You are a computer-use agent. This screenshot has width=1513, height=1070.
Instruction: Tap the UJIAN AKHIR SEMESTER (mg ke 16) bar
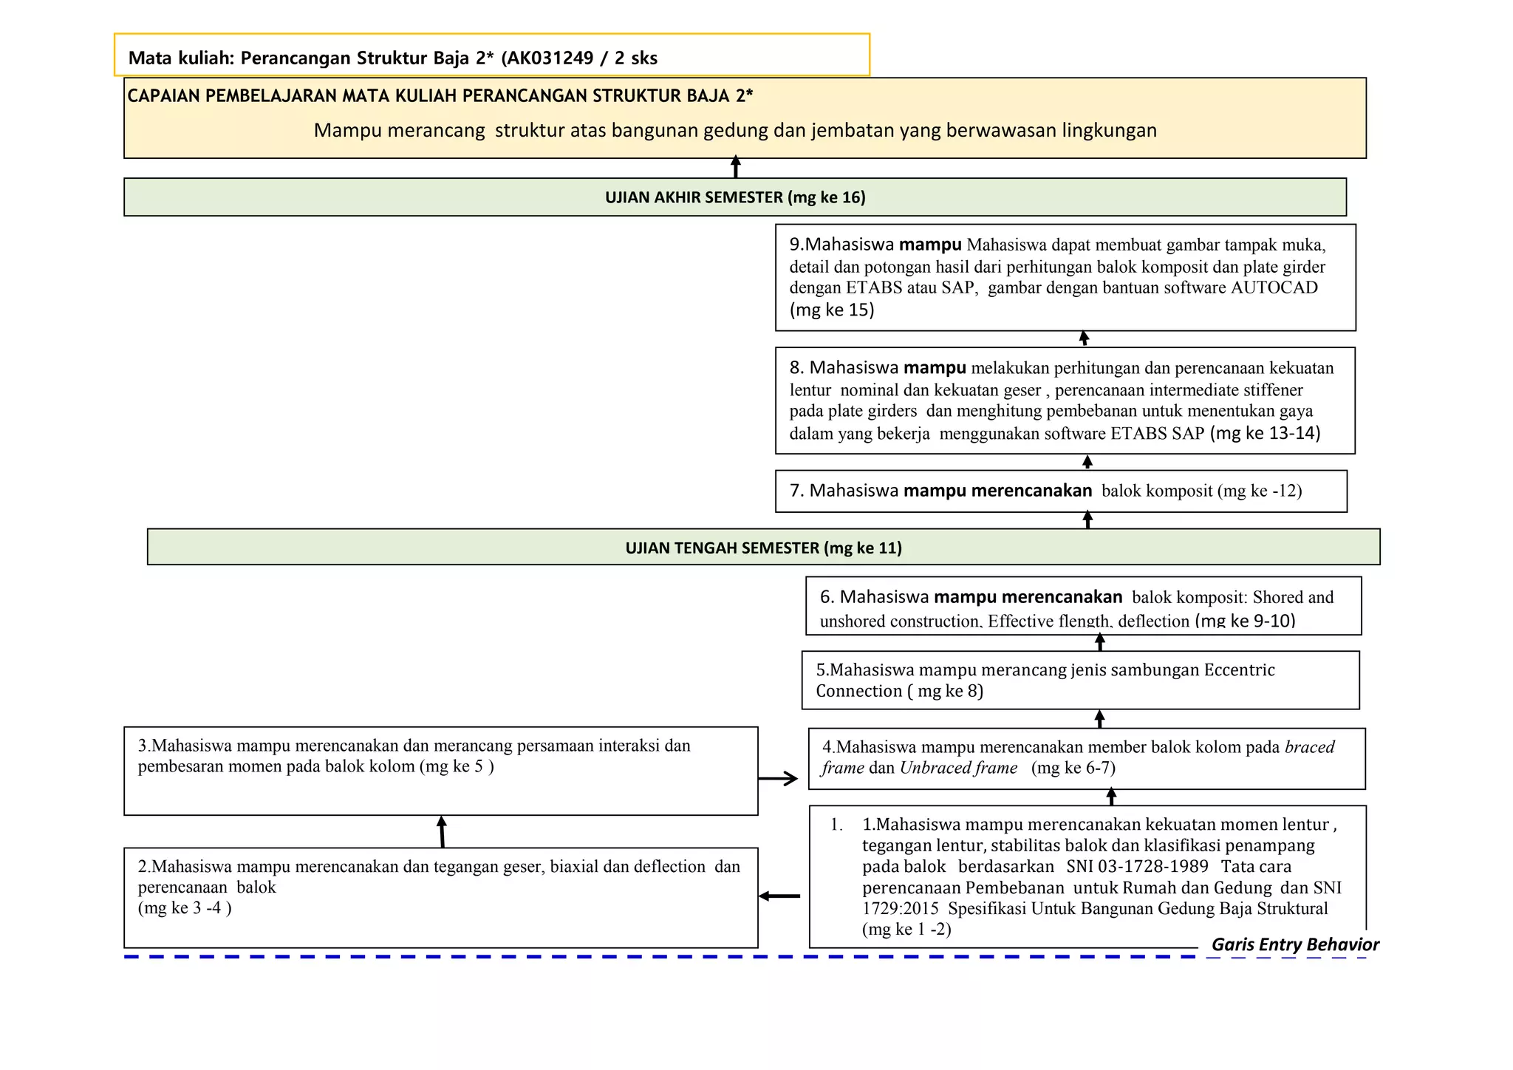734,197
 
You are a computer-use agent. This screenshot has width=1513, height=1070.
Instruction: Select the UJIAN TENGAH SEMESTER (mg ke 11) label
763,548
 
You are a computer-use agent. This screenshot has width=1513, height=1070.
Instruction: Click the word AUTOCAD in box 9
1274,287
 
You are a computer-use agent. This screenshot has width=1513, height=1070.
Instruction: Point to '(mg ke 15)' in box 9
831,310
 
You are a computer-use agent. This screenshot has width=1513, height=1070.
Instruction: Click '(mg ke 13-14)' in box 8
1265,433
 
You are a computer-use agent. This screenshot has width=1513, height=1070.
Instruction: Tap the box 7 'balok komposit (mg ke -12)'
1060,491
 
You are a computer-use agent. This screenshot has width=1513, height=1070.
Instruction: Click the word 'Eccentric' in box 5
1239,669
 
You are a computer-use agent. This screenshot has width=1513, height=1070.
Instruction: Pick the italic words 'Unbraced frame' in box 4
958,768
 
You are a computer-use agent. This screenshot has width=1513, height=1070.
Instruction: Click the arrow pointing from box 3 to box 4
778,778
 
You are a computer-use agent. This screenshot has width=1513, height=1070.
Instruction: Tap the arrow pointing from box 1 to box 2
779,896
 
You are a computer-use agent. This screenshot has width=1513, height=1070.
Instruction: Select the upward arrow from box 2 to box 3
442,831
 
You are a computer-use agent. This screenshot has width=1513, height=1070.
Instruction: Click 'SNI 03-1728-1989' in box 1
1137,866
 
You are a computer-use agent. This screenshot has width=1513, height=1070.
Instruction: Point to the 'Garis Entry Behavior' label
1294,944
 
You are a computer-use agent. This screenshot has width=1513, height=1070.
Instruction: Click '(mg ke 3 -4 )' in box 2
185,908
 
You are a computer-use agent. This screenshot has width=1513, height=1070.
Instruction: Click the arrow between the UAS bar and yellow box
735,167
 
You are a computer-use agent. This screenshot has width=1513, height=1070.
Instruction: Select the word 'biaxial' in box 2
574,866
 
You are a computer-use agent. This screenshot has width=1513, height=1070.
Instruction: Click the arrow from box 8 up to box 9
1084,338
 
